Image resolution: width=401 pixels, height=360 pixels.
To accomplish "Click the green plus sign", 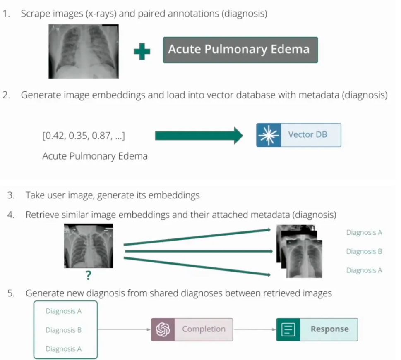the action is pyautogui.click(x=142, y=51).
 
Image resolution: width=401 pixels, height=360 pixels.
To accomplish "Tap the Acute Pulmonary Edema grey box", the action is pyautogui.click(x=240, y=50).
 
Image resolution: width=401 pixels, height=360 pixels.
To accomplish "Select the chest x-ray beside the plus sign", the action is pyautogui.click(x=84, y=51).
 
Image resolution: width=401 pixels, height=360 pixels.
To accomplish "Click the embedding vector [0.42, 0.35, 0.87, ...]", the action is pyautogui.click(x=84, y=136).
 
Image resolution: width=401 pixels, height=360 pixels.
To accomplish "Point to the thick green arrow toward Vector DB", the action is pyautogui.click(x=199, y=136).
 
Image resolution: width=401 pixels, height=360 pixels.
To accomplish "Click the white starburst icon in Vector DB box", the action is pyautogui.click(x=269, y=135).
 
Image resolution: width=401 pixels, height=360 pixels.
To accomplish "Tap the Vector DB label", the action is pyautogui.click(x=307, y=134).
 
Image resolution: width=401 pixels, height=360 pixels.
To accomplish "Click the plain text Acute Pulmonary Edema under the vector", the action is pyautogui.click(x=95, y=156).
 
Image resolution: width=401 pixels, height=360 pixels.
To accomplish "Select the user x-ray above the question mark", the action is pyautogui.click(x=89, y=246).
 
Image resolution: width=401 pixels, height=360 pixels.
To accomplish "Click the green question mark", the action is pyautogui.click(x=89, y=275).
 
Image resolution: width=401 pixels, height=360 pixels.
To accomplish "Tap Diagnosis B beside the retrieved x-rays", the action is pyautogui.click(x=364, y=251).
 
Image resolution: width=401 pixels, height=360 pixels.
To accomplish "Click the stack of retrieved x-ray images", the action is pyautogui.click(x=299, y=251).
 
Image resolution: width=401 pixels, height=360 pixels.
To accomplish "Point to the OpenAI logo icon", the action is pyautogui.click(x=163, y=329).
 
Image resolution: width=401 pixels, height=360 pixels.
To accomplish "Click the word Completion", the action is pyautogui.click(x=204, y=329).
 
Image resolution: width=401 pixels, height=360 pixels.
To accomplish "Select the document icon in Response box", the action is pyautogui.click(x=288, y=329).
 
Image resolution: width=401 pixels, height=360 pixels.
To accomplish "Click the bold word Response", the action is pyautogui.click(x=330, y=329).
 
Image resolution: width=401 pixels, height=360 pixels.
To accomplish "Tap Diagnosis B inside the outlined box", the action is pyautogui.click(x=63, y=330).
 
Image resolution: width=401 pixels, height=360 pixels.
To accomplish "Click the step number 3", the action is pyautogui.click(x=11, y=195).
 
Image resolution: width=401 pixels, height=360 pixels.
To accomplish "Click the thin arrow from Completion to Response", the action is pyautogui.click(x=255, y=329).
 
